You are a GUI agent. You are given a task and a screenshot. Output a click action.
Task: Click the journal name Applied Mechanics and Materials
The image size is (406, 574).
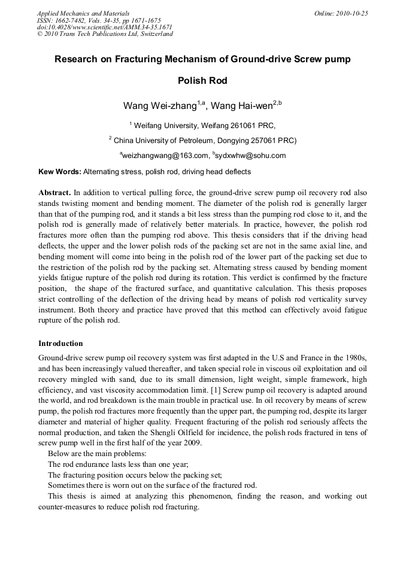point(83,13)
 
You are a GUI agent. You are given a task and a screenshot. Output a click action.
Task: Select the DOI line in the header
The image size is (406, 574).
point(105,27)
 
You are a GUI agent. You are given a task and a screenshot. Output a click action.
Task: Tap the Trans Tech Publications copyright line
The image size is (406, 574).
point(105,34)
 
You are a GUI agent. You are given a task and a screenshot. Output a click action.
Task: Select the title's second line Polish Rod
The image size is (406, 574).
point(203,81)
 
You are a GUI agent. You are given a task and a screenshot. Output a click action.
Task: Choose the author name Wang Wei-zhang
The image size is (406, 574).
point(160,106)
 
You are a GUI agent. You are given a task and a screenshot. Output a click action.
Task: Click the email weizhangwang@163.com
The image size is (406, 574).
point(163,156)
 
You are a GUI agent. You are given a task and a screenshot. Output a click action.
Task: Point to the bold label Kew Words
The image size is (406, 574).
point(59,172)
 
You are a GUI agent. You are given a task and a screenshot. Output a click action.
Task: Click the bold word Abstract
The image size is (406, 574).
point(54,193)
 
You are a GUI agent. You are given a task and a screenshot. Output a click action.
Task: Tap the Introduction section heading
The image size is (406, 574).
point(60,344)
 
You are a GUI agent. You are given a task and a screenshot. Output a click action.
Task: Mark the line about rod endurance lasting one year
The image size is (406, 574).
point(118,464)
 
